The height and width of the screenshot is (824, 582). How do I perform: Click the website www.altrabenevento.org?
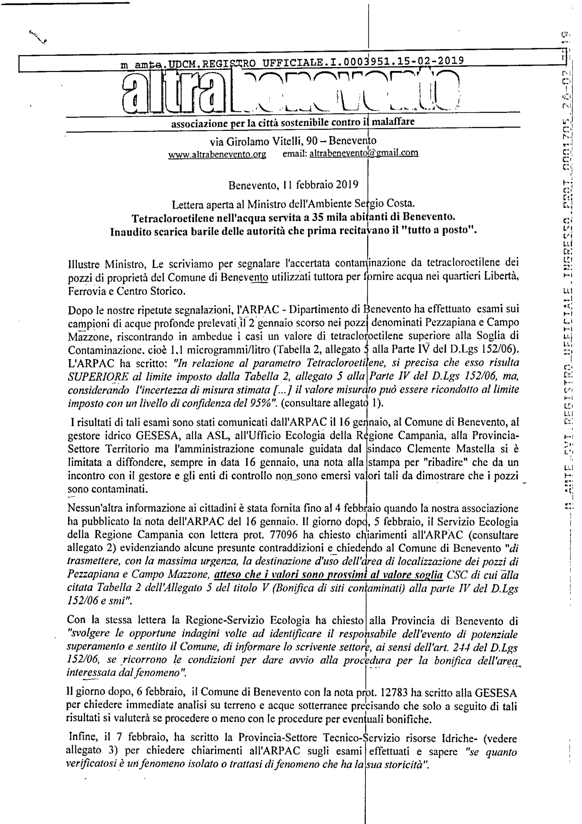pyautogui.click(x=217, y=154)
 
